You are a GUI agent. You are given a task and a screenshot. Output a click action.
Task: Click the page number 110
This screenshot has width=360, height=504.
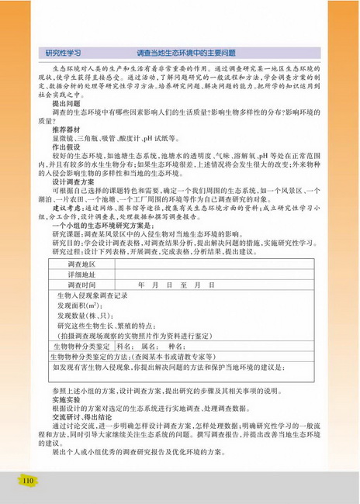[x=29, y=481]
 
